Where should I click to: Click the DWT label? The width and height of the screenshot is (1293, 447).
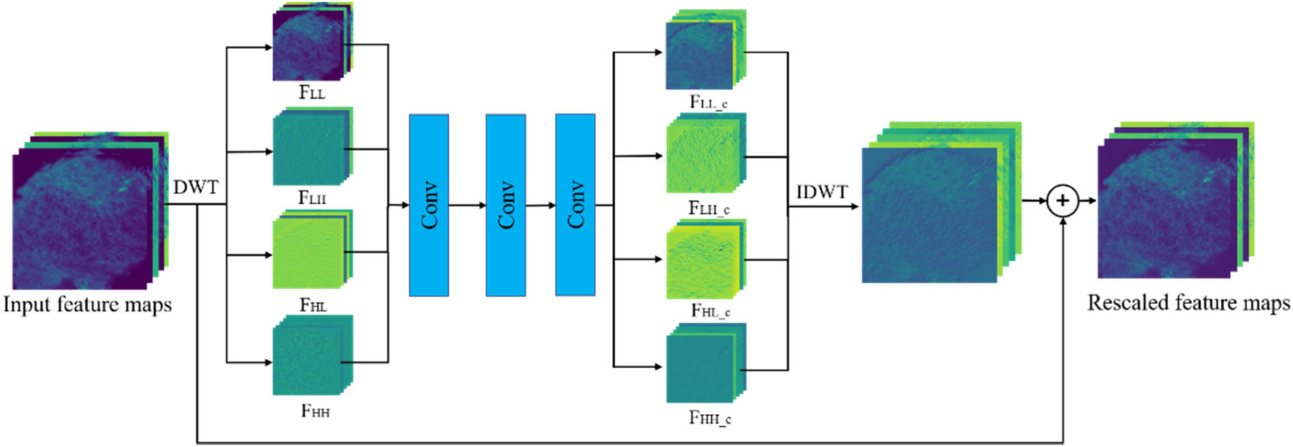point(195,187)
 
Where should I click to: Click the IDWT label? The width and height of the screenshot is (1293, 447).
point(822,193)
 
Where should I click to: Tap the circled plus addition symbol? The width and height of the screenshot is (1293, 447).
point(1062,201)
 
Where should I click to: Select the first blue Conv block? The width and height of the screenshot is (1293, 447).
point(428,205)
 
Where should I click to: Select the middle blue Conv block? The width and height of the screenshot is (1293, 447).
point(505,205)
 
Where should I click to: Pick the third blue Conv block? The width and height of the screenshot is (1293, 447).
point(575,205)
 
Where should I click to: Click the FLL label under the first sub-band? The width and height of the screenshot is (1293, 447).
point(312,93)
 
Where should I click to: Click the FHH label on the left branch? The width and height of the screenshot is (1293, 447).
point(315,411)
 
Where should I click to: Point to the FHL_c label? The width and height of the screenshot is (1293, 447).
point(710,310)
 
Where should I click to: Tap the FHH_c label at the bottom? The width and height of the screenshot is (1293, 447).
point(710,418)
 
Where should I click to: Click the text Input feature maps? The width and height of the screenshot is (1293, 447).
point(87,305)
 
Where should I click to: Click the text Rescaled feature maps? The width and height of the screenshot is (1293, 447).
point(1189,303)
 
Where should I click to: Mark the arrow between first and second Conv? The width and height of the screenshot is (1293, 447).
point(467,205)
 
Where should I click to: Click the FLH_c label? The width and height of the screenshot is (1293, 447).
point(709,208)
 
